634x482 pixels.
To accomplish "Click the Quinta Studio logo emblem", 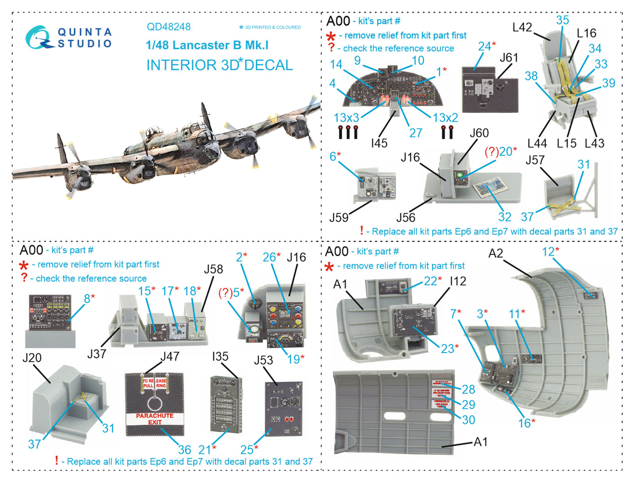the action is [38, 38].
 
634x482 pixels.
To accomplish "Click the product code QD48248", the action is [168, 27].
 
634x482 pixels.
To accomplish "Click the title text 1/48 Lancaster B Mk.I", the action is [207, 45].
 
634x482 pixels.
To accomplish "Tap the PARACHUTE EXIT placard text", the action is [155, 419].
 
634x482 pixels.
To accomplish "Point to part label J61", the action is [508, 58].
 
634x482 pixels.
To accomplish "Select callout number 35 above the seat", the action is [562, 20].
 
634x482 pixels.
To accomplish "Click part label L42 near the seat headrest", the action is [522, 27].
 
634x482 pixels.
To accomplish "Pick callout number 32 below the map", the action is [505, 217].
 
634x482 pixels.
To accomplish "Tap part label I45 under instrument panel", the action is [379, 143].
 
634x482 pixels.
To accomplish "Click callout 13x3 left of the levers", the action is [346, 118].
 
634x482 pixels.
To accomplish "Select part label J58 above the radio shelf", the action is [213, 269].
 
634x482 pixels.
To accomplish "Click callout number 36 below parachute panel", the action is [184, 449].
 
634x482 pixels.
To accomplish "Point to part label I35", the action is [220, 356].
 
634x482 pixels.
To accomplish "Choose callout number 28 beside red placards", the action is [468, 389].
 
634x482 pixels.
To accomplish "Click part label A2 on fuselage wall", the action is [495, 253].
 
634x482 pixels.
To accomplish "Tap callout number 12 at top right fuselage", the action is [548, 252].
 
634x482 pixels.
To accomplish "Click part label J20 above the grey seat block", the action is [32, 358].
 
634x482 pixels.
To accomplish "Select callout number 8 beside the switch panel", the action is [87, 299].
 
